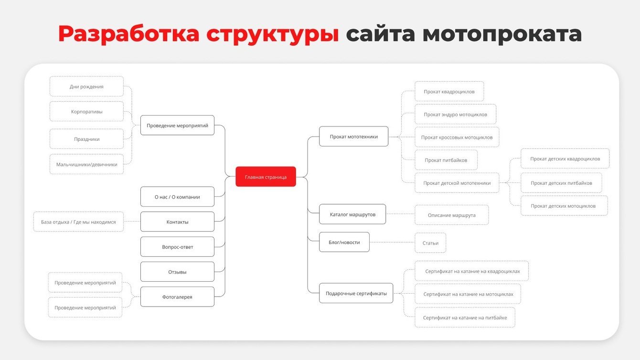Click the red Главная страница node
click(x=266, y=177)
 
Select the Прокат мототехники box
click(x=353, y=137)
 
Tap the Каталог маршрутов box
click(x=352, y=214)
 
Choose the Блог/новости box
click(x=344, y=242)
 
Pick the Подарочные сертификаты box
click(x=356, y=293)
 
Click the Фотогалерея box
click(x=177, y=297)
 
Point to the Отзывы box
click(x=177, y=272)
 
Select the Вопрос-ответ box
click(x=177, y=247)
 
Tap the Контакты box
click(x=177, y=222)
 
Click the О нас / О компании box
click(x=177, y=197)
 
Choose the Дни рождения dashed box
click(x=86, y=86)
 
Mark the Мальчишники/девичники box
click(x=86, y=164)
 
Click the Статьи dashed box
click(x=430, y=243)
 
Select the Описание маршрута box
click(x=451, y=215)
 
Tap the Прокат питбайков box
click(x=446, y=160)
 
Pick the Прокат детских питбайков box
click(x=561, y=183)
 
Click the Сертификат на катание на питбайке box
click(x=465, y=318)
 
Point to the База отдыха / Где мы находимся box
click(x=78, y=222)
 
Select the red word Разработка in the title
click(x=129, y=34)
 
